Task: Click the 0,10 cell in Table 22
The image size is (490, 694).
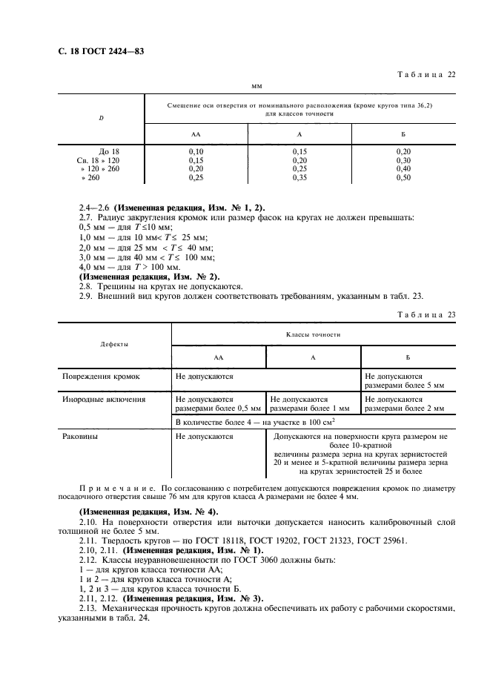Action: click(196, 151)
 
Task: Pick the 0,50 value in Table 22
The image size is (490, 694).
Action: click(403, 178)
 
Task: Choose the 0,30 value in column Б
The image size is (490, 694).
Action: click(403, 159)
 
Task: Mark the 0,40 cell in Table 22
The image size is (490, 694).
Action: click(403, 169)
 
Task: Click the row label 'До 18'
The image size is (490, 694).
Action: click(109, 151)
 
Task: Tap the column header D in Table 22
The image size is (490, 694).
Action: click(101, 117)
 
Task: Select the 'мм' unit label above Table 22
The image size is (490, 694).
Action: click(257, 86)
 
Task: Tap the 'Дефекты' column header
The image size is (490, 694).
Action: click(114, 345)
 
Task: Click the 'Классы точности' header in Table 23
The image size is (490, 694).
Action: click(313, 334)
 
